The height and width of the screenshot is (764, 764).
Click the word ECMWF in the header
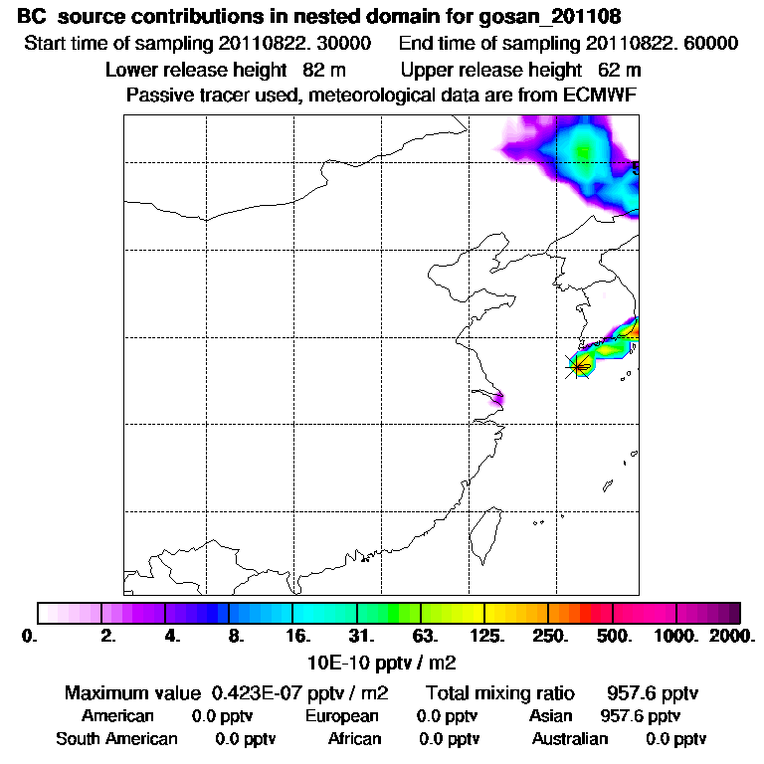pos(602,95)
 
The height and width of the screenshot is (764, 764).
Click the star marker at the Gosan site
pos(579,366)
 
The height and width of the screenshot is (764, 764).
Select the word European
pos(342,716)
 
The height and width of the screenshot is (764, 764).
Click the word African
pos(355,739)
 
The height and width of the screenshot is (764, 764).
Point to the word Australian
pos(570,739)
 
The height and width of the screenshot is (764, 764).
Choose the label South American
pos(117,739)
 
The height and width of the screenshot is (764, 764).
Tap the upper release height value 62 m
pos(620,71)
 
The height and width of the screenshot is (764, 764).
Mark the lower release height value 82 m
pos(316,71)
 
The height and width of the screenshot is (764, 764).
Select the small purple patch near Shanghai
pos(497,400)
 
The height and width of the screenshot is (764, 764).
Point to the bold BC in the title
pos(32,18)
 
